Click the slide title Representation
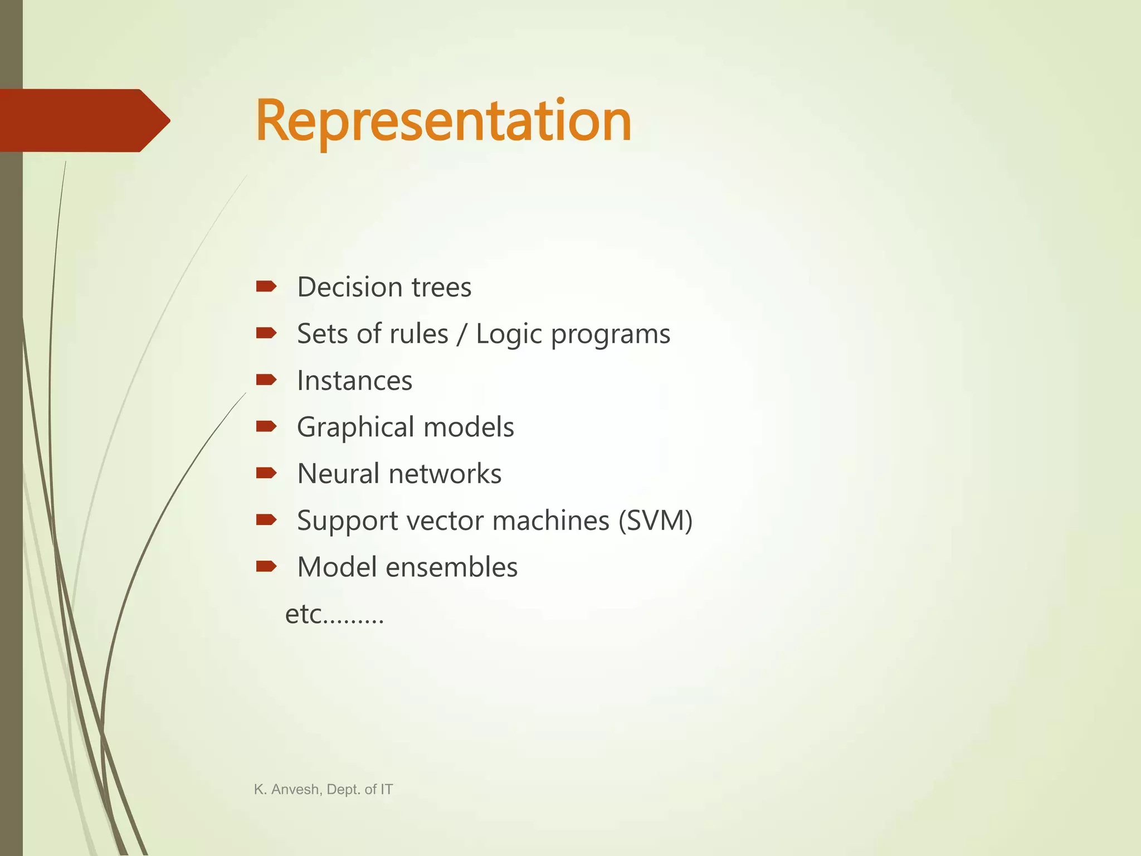443,121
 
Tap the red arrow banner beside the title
84,120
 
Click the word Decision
350,288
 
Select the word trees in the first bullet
441,288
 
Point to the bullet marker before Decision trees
266,287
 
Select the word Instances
354,381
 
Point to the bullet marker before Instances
266,380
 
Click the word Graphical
356,428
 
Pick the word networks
445,474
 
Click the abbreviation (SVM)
656,521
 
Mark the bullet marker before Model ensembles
266,567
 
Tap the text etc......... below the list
334,615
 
